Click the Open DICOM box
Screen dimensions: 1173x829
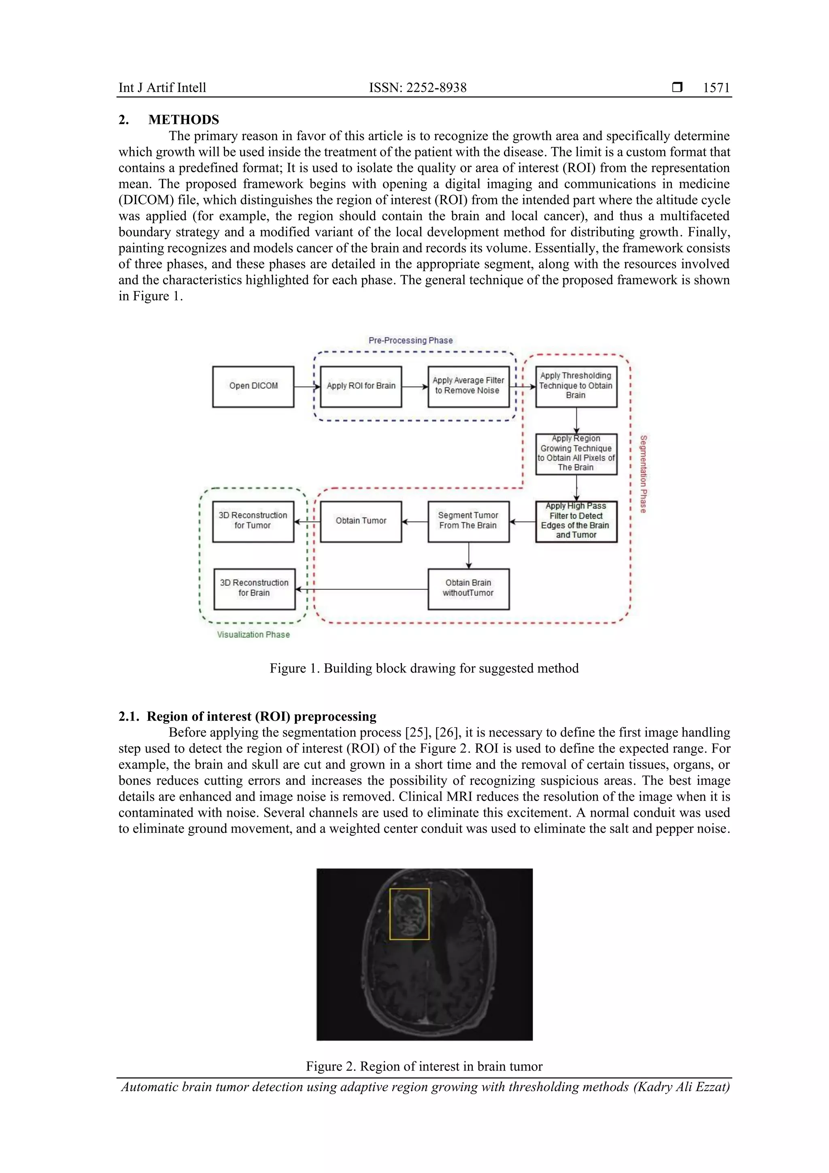tap(253, 386)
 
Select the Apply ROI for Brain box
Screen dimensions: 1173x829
tap(361, 386)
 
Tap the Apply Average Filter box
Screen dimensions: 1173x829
tap(468, 386)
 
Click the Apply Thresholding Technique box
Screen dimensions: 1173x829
tap(576, 386)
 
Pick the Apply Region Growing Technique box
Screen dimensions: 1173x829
tap(576, 453)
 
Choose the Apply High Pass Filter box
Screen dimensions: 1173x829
tap(576, 521)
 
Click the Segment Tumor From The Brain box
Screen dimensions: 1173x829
tap(468, 521)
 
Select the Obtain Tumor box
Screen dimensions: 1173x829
tap(361, 521)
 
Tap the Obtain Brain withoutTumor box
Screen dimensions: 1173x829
tap(468, 589)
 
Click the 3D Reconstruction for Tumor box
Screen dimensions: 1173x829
tap(253, 521)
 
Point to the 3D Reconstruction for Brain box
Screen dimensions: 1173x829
tap(254, 589)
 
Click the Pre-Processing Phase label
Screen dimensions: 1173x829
tap(411, 340)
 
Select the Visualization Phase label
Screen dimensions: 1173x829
tap(253, 634)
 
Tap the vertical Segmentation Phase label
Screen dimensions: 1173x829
tap(644, 474)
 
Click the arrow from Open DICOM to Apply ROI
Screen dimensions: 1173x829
tap(307, 387)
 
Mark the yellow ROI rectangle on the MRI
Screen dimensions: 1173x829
tap(409, 914)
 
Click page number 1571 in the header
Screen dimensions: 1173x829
tap(716, 88)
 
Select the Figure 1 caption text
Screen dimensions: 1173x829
tap(424, 668)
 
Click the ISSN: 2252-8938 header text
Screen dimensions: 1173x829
tap(418, 88)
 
